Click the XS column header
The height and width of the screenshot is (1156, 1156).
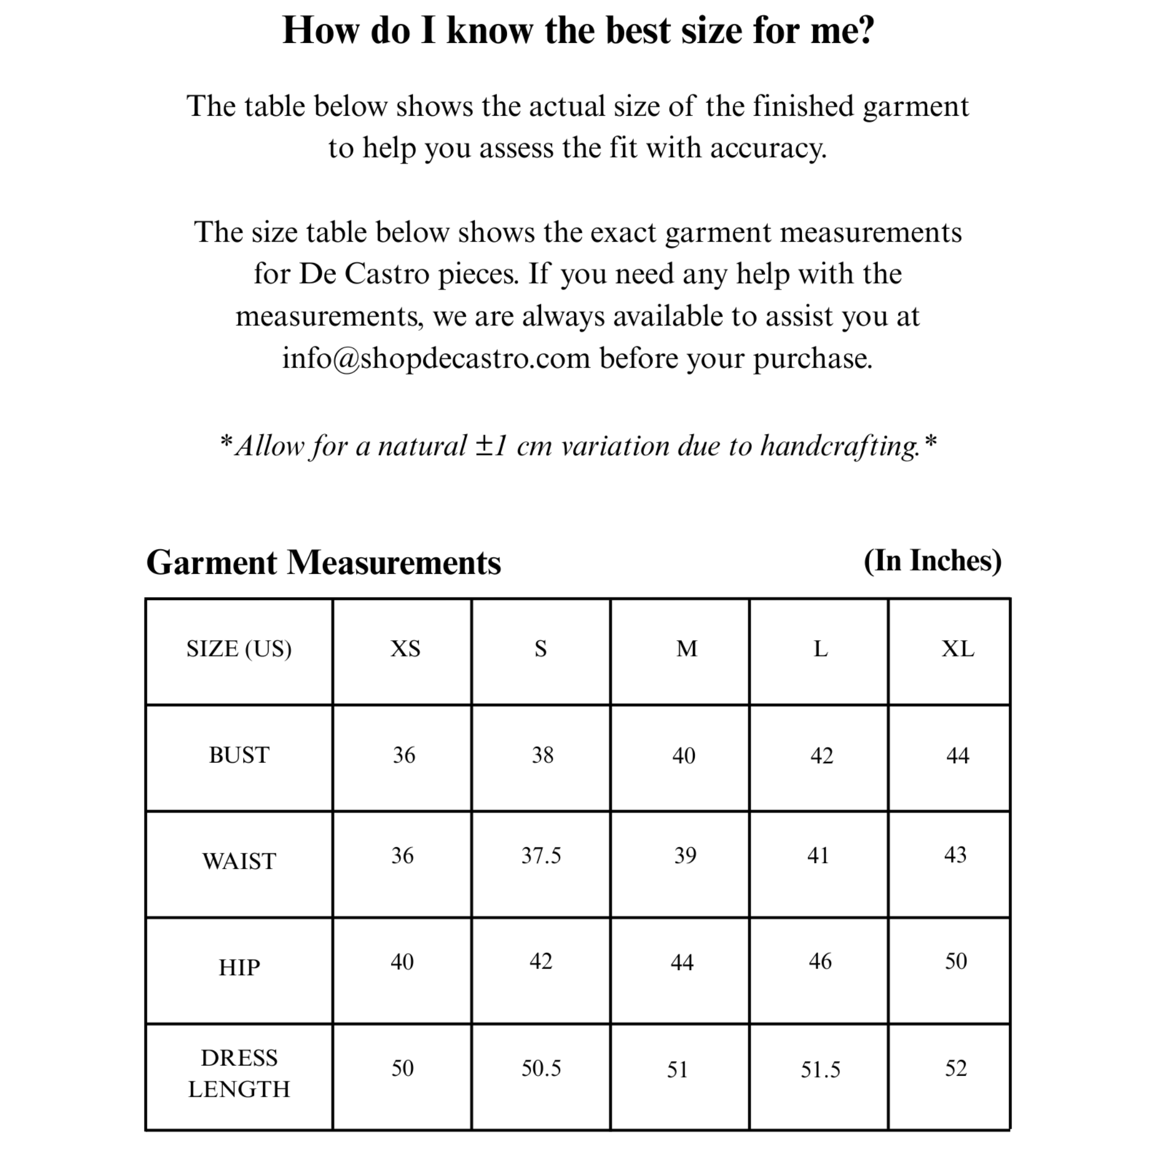(405, 649)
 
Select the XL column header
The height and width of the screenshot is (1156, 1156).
(957, 649)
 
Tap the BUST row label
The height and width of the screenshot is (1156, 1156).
(239, 755)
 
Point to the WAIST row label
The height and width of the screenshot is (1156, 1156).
(239, 861)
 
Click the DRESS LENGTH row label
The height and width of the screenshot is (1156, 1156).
(239, 1074)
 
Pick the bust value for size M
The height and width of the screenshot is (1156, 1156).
(684, 756)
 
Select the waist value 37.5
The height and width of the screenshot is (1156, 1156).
(541, 856)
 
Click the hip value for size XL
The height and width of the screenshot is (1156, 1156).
(956, 961)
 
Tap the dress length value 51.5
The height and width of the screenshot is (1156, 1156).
(820, 1069)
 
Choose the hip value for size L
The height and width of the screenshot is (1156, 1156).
(820, 961)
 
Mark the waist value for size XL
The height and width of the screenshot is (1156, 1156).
(955, 855)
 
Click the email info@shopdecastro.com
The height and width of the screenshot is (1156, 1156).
(436, 358)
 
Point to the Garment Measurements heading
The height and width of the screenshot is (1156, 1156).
(323, 562)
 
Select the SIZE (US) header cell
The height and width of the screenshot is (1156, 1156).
(239, 649)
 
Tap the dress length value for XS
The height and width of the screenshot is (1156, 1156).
(402, 1069)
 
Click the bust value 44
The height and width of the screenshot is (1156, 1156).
(957, 756)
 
